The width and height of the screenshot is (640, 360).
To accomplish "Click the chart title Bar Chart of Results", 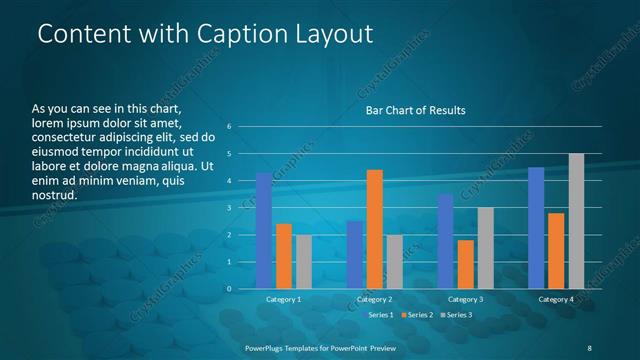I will (x=414, y=110).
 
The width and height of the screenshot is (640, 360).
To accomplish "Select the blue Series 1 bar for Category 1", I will (x=264, y=231).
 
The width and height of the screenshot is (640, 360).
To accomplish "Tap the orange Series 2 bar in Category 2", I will (x=375, y=229).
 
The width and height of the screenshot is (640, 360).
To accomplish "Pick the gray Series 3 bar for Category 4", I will (x=576, y=221).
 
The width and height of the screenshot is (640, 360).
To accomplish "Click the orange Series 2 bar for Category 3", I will (x=465, y=264).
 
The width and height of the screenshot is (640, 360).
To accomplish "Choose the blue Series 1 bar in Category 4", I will (x=536, y=228).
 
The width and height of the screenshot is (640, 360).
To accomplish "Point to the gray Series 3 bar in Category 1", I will (x=304, y=262).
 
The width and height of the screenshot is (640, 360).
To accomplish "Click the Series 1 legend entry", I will (x=379, y=315).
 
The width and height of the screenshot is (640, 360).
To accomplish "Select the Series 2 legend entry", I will (x=418, y=315).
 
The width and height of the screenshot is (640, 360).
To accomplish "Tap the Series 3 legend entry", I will (x=456, y=315).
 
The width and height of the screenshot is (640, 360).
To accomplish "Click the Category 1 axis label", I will (x=284, y=299).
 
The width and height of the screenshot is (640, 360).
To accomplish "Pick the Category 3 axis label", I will (x=465, y=299).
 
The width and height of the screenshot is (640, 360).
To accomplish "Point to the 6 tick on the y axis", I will (x=229, y=127).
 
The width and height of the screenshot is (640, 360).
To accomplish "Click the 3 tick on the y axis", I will (x=229, y=208).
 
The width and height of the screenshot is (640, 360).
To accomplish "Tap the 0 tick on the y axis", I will (x=229, y=289).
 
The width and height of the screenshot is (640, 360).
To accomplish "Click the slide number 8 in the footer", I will (x=587, y=345).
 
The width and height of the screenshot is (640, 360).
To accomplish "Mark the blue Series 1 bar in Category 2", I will (x=355, y=255).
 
